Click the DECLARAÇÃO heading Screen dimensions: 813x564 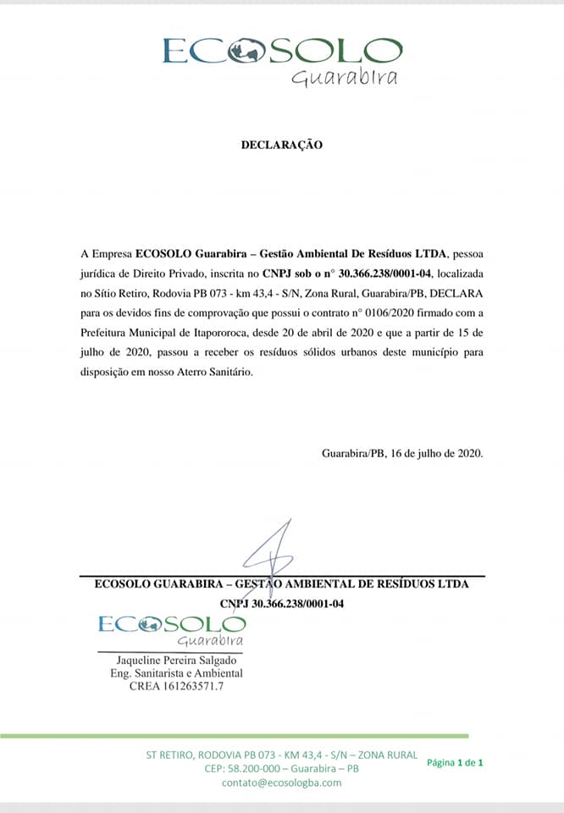[x=282, y=145]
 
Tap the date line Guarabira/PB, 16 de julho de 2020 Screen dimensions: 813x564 [x=402, y=452]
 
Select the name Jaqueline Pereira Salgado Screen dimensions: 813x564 [x=171, y=661]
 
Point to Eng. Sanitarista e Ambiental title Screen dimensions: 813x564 [x=171, y=673]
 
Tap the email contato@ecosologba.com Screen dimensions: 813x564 [x=282, y=783]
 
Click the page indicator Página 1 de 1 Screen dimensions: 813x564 [x=455, y=762]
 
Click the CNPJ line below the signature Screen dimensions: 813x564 [x=281, y=604]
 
